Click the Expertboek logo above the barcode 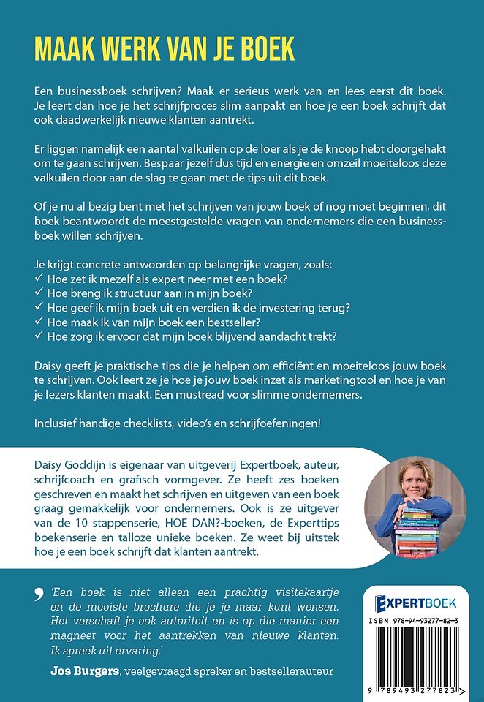pyautogui.click(x=415, y=603)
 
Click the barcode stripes pyautogui.click(x=420, y=655)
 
